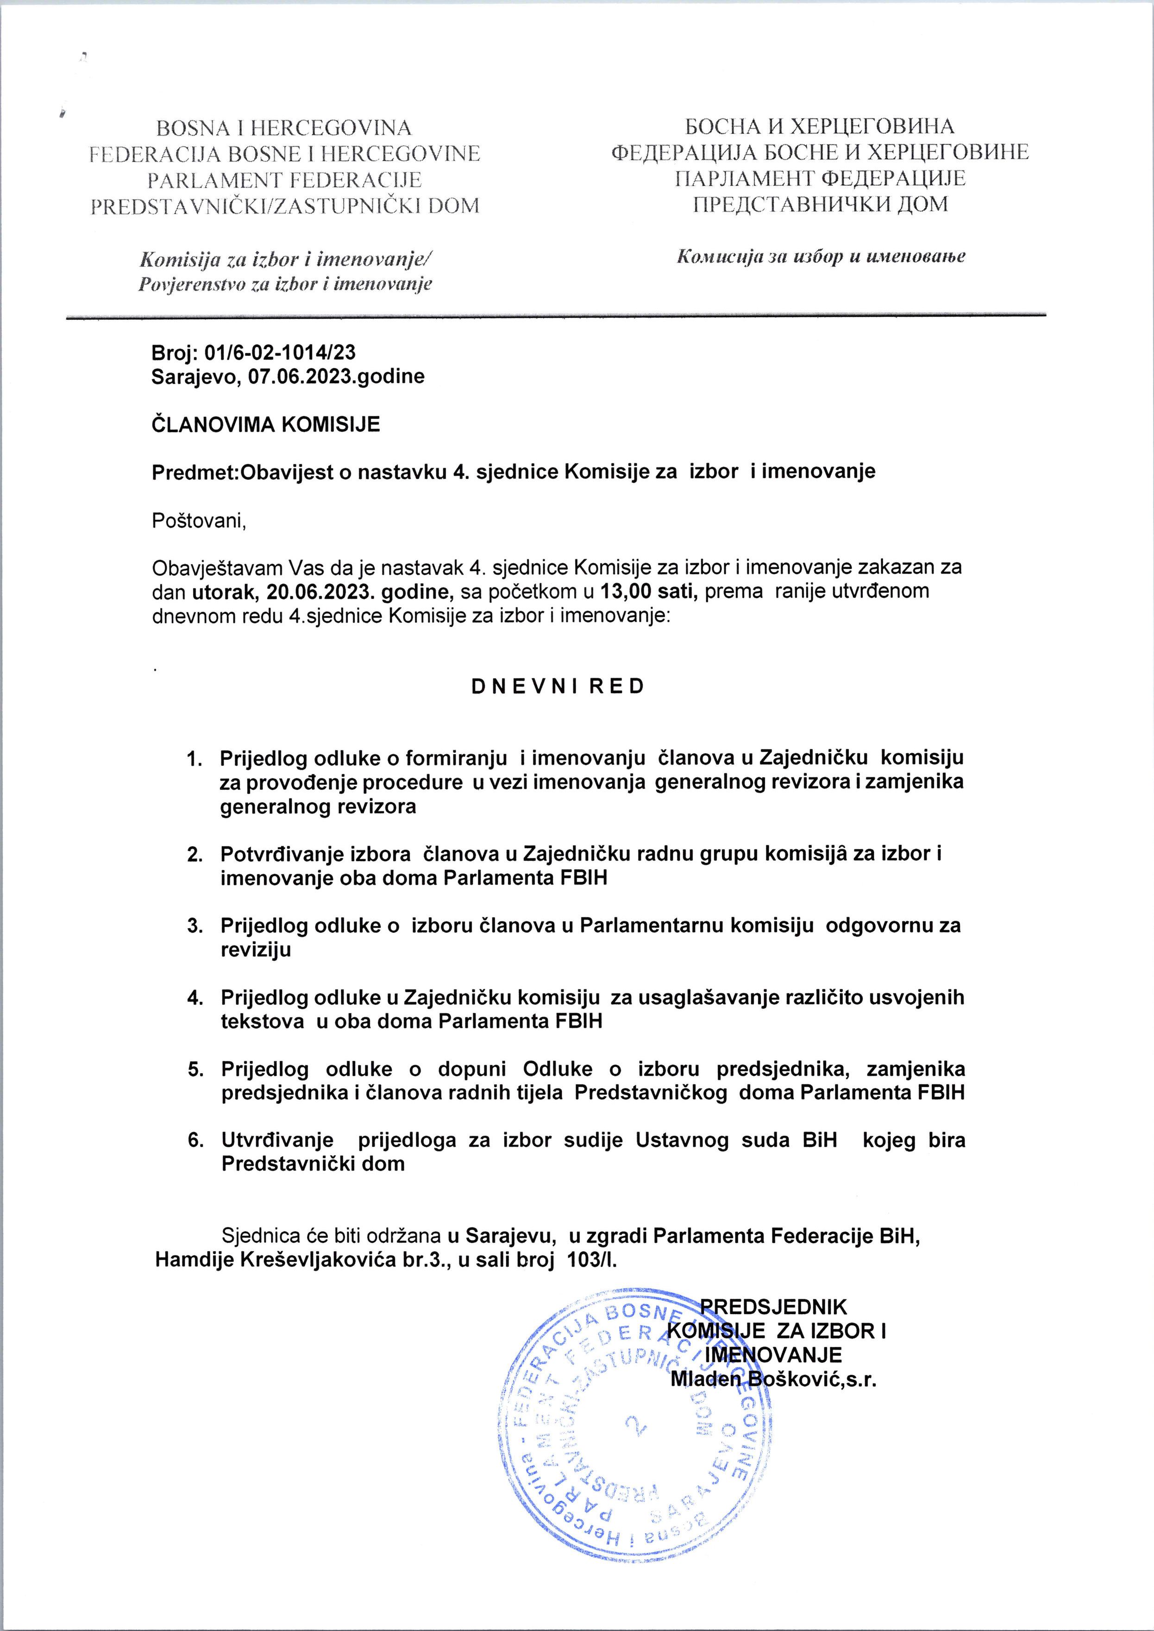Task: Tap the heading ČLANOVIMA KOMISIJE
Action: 266,424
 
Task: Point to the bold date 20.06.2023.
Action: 334,591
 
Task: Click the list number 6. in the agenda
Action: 194,1140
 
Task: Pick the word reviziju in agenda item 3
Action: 256,950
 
